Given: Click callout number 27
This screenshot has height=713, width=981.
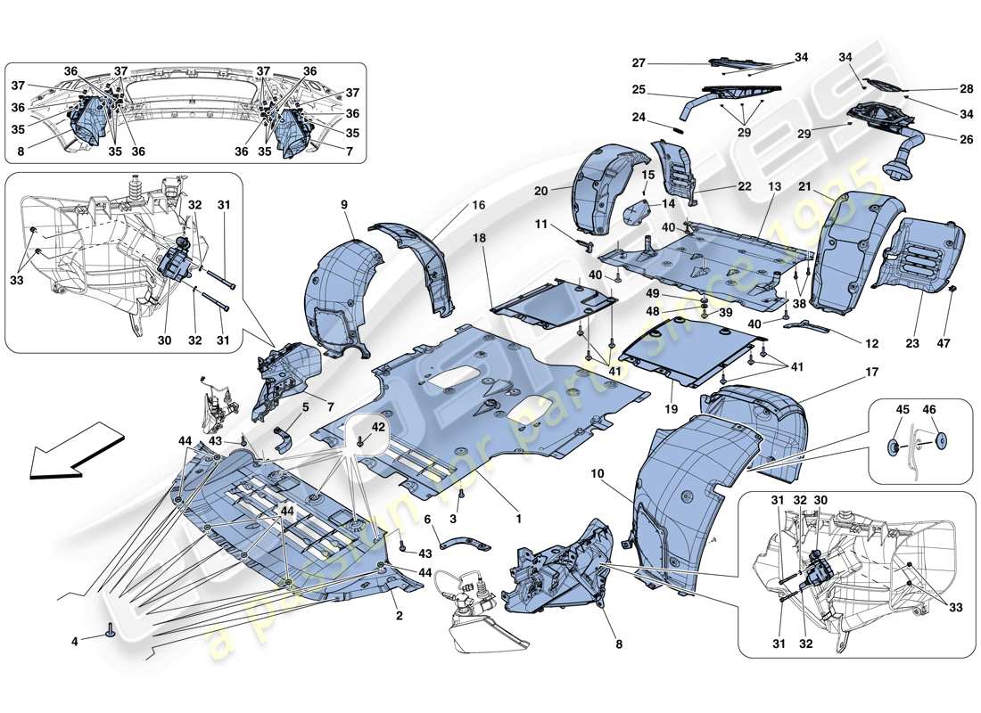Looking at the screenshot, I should [x=639, y=63].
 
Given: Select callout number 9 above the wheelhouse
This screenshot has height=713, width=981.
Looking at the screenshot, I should [x=343, y=204].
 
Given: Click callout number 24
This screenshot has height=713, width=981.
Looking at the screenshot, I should [x=639, y=117].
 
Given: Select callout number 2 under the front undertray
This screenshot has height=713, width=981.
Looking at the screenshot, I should [x=399, y=616].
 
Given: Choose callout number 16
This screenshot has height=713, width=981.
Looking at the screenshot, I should [x=478, y=204].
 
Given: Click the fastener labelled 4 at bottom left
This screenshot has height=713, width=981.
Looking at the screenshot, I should [x=111, y=632].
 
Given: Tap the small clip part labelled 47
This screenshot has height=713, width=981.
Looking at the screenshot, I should [x=952, y=290].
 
